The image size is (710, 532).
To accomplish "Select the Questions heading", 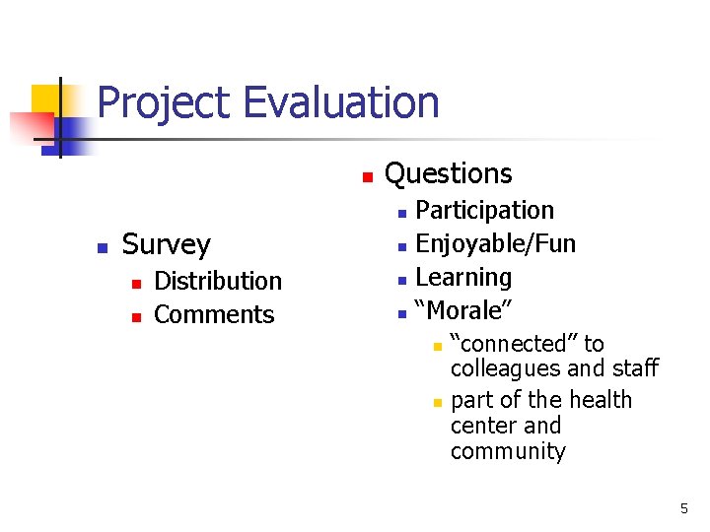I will pyautogui.click(x=448, y=174).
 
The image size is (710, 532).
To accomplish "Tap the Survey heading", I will pyautogui.click(x=166, y=244).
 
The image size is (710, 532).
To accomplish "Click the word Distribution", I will pyautogui.click(x=218, y=282).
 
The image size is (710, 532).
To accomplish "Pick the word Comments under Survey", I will pyautogui.click(x=214, y=315).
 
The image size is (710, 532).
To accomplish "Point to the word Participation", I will pyautogui.click(x=485, y=211).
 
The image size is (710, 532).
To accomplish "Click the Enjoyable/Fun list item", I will pyautogui.click(x=496, y=244).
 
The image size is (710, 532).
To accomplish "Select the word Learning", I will pyautogui.click(x=463, y=278).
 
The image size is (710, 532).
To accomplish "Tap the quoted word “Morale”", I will pyautogui.click(x=463, y=311).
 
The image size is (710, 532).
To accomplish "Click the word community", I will pyautogui.click(x=508, y=452).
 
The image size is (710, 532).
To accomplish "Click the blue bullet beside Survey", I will pyautogui.click(x=100, y=248).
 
